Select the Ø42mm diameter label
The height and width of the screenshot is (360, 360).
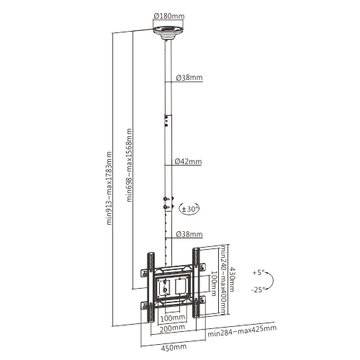tap(186, 161)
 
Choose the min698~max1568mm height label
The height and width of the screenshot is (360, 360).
tap(130, 165)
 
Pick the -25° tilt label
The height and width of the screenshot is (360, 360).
tap(260, 289)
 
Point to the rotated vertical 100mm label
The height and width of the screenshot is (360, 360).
tap(215, 282)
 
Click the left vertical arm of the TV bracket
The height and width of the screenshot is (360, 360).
tap(151, 284)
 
